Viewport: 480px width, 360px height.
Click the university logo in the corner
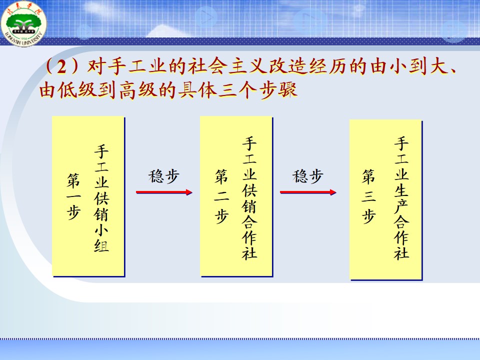click(23, 23)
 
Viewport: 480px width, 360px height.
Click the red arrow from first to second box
click(164, 192)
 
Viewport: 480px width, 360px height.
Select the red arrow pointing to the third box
click(308, 192)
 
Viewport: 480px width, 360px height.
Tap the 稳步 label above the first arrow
click(164, 176)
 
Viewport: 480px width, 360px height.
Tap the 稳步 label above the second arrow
click(307, 176)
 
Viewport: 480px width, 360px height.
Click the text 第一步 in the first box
click(73, 196)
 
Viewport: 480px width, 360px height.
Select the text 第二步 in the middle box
click(221, 196)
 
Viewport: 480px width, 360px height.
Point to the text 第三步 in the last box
click(368, 196)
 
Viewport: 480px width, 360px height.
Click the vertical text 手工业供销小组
click(101, 198)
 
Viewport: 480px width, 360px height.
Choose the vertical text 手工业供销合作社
click(249, 198)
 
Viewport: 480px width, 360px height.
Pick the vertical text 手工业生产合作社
click(401, 198)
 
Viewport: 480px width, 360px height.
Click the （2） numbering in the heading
click(62, 66)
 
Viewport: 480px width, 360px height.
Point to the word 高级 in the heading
click(138, 90)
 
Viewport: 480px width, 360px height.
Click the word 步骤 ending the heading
click(278, 90)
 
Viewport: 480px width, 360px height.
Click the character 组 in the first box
click(101, 245)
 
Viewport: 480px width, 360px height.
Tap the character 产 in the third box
click(401, 205)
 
